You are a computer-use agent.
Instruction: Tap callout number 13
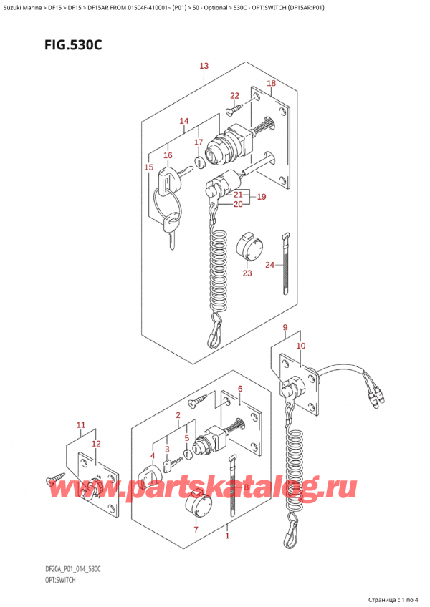[204, 67]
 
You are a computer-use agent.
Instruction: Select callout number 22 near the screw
[234, 96]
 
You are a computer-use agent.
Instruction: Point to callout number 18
[271, 84]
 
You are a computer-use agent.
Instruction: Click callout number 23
[247, 272]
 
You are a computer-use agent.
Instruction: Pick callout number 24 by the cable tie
[269, 265]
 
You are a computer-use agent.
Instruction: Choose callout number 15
[148, 167]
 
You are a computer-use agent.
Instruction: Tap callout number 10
[300, 346]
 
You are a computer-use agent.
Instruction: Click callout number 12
[95, 444]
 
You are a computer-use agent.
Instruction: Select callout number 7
[195, 530]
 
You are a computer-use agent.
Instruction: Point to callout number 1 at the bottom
[227, 535]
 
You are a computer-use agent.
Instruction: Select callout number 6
[240, 389]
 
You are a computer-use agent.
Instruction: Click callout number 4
[152, 455]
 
